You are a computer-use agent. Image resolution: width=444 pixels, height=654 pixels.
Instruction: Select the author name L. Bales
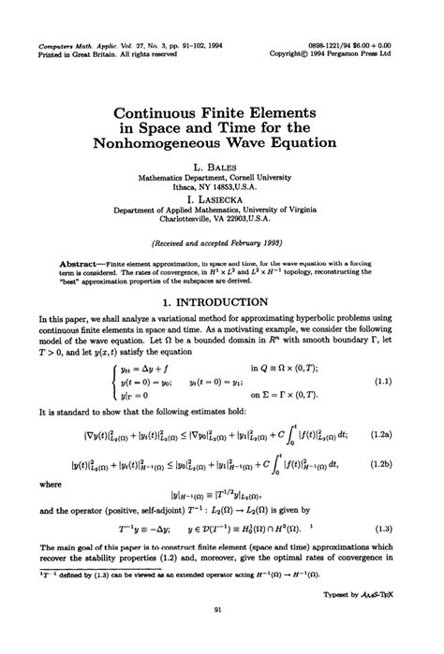point(223,165)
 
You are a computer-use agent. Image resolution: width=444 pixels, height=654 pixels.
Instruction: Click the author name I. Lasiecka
point(222,200)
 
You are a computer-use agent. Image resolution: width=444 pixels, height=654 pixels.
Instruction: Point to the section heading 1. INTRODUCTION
point(222,276)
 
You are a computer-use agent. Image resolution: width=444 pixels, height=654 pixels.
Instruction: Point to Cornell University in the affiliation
point(264,176)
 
